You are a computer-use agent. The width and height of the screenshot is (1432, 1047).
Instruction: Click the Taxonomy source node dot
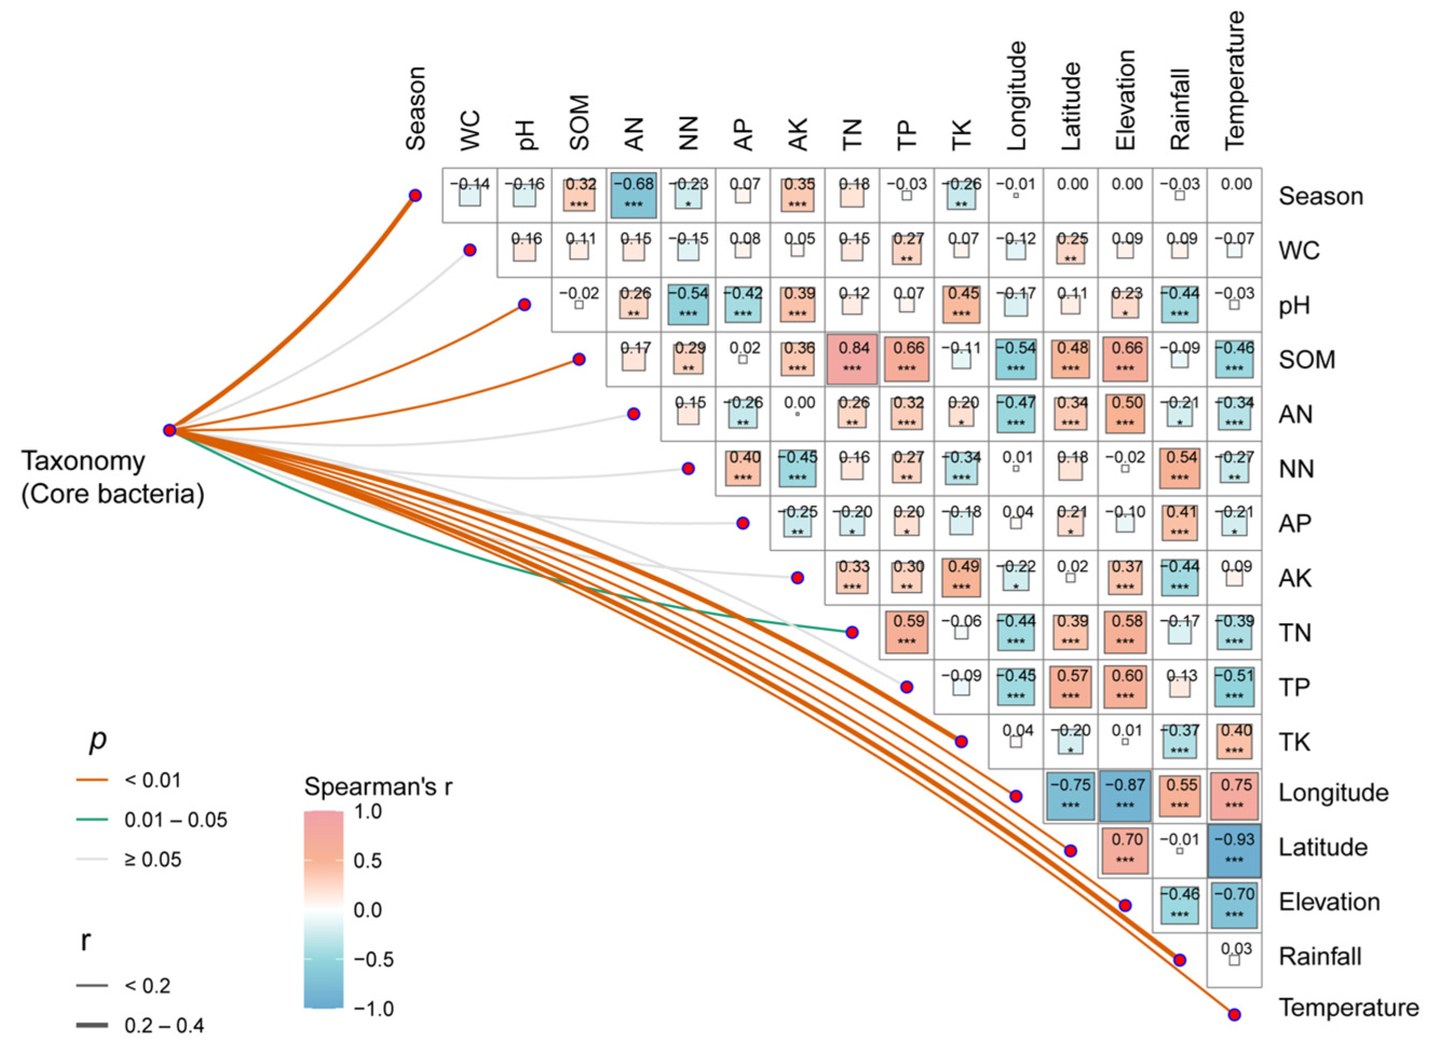coord(169,430)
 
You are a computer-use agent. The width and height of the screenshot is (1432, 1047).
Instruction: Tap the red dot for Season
coord(415,195)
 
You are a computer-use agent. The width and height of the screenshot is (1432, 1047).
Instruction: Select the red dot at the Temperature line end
coord(1234,1015)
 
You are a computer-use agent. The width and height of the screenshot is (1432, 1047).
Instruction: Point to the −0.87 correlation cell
coord(1125,796)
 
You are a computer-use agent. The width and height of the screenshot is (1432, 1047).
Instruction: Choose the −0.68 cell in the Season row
coord(633,195)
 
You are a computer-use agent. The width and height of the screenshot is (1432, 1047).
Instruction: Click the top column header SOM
coord(579,123)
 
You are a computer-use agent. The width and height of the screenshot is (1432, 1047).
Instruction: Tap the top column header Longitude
coord(1016,97)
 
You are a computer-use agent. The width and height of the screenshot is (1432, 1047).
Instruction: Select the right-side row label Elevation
coord(1329,902)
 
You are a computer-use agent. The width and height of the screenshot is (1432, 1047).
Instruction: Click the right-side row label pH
coord(1294,306)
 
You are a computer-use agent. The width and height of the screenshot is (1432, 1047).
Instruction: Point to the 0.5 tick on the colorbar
coord(369,860)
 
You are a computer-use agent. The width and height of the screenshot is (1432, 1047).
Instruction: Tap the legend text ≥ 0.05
coord(153,859)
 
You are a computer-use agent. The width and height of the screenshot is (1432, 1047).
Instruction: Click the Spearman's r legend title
coord(378,787)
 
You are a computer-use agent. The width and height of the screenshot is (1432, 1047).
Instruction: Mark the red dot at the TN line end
coord(853,632)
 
